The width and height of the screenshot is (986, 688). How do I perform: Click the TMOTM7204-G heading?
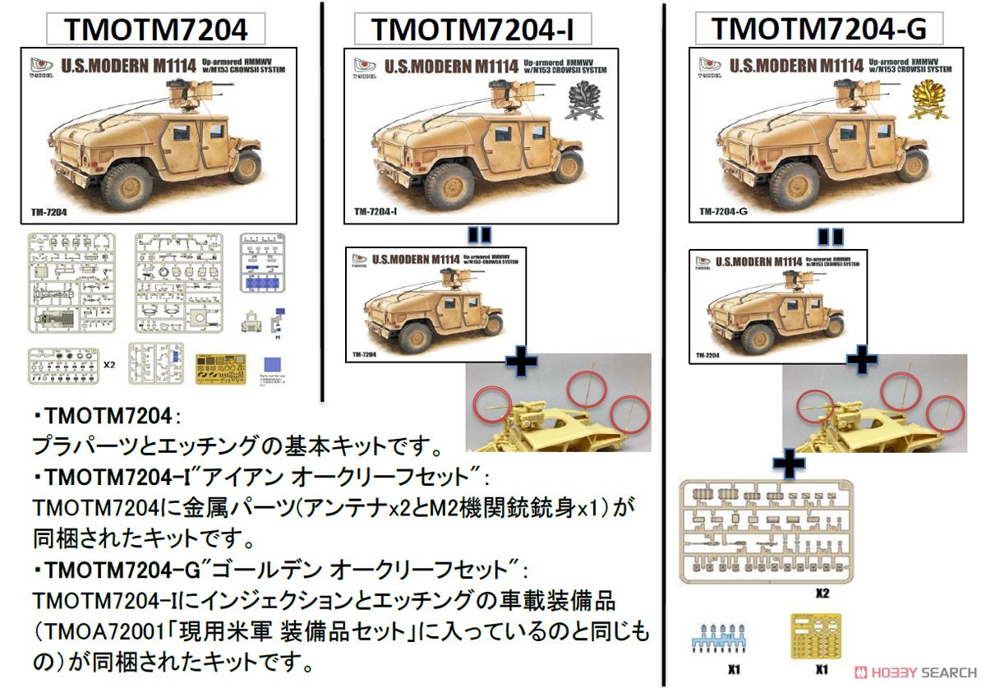point(818,28)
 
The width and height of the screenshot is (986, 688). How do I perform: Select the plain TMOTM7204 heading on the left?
point(155,30)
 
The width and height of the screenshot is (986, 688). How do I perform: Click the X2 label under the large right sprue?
point(825,592)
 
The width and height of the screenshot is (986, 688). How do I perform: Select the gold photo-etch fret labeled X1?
point(814,636)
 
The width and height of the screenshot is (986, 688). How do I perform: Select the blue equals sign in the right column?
point(831,238)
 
